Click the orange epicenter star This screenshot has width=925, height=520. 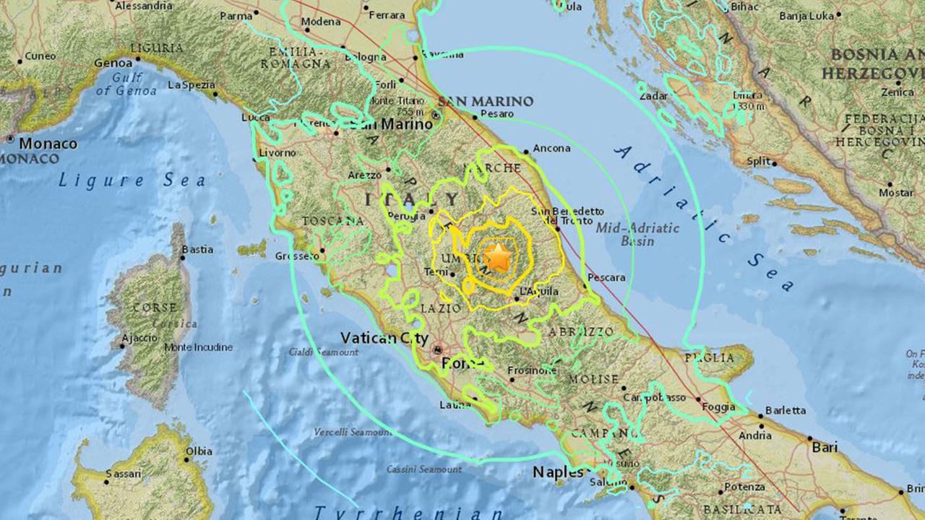pyautogui.click(x=497, y=257)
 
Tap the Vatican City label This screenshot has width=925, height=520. pyautogui.click(x=385, y=338)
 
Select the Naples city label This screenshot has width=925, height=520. pyautogui.click(x=557, y=472)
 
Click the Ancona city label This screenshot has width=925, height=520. pyautogui.click(x=551, y=149)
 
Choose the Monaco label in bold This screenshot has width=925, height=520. pyautogui.click(x=48, y=144)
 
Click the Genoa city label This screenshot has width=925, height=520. pyautogui.click(x=113, y=64)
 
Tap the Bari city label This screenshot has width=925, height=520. pyautogui.click(x=825, y=448)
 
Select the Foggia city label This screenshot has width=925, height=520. pyautogui.click(x=718, y=407)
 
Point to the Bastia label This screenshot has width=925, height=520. pyautogui.click(x=197, y=250)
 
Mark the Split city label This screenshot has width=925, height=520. pyautogui.click(x=759, y=162)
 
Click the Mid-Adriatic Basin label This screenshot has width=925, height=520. pyautogui.click(x=638, y=234)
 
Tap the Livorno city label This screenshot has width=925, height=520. pyautogui.click(x=278, y=153)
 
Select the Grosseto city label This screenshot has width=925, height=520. pyautogui.click(x=297, y=256)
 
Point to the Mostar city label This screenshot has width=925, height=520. pyautogui.click(x=896, y=193)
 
